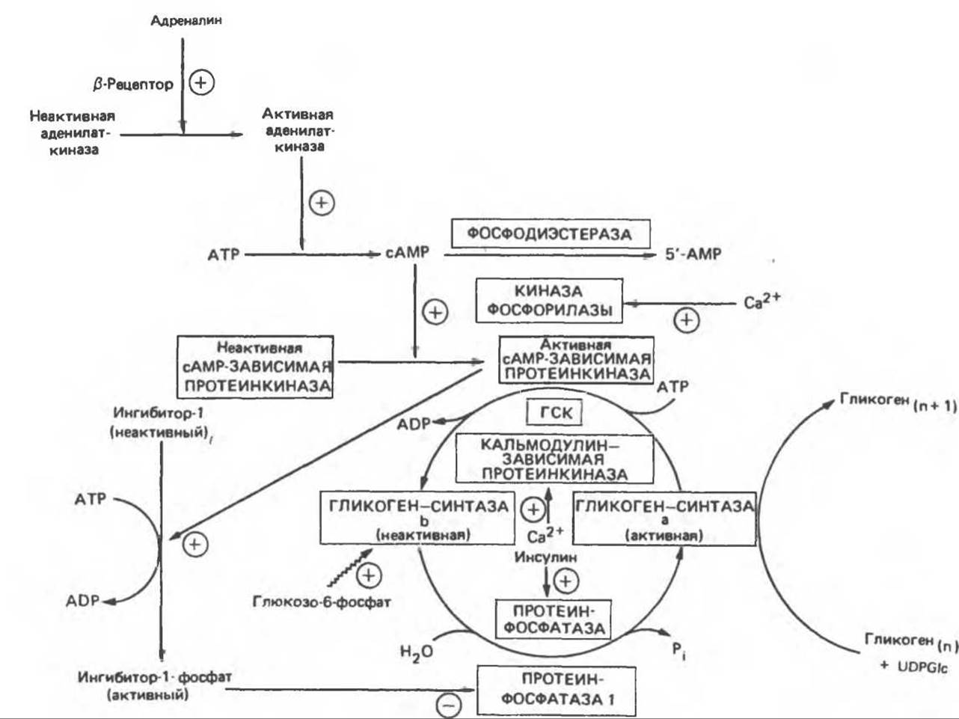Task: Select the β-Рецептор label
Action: tap(133, 85)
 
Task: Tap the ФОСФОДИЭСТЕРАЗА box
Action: tap(550, 233)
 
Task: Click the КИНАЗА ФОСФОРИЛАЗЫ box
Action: tap(548, 300)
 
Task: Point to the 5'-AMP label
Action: tap(693, 254)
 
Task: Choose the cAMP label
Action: tap(408, 254)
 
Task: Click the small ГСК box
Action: tap(554, 412)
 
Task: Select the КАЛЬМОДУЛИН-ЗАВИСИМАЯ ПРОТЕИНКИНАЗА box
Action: tap(554, 459)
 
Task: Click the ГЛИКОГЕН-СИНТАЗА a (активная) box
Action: tap(664, 518)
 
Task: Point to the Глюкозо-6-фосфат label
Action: tap(322, 602)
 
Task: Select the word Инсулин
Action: tap(545, 557)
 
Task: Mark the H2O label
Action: tap(416, 652)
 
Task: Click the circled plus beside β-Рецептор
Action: tap(201, 82)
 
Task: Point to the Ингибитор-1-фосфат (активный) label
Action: tap(155, 685)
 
